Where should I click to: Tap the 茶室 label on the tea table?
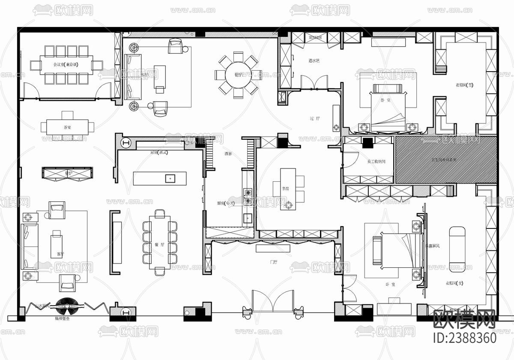(67, 127)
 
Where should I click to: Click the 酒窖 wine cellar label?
(228, 153)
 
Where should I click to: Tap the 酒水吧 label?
(314, 61)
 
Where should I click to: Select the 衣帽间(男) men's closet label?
(465, 84)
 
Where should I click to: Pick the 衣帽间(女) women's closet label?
(454, 283)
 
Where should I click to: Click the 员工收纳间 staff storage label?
(377, 162)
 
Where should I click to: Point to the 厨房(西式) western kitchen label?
(158, 153)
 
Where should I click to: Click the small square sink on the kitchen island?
(170, 178)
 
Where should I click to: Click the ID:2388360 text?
(464, 337)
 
